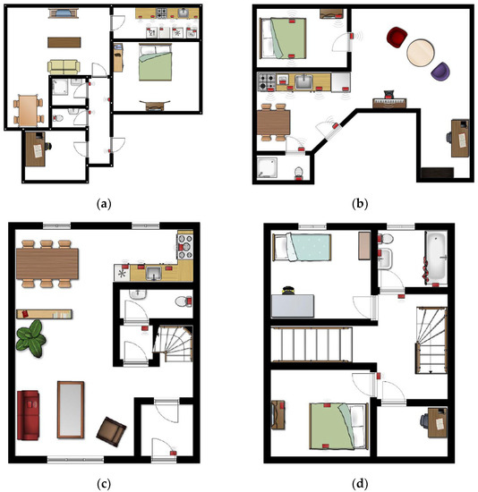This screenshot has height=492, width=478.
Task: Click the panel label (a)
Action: click(104, 204)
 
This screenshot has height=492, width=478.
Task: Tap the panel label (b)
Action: click(360, 204)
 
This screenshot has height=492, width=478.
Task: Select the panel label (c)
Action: click(104, 484)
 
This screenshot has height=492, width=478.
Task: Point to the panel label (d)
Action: click(360, 484)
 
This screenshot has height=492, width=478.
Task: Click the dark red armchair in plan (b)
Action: click(397, 38)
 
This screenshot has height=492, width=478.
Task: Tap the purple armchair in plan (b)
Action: click(440, 71)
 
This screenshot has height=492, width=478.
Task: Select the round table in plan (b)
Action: click(421, 53)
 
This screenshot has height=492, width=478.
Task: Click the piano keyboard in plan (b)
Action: click(389, 102)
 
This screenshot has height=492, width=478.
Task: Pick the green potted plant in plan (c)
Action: click(30, 338)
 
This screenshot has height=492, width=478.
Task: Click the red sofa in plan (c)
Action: click(29, 415)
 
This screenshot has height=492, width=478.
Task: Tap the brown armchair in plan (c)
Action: click(111, 431)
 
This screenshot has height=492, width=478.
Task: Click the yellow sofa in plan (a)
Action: click(64, 67)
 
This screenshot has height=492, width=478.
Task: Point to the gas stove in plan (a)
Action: click(162, 13)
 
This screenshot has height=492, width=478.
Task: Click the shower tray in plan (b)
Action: click(267, 167)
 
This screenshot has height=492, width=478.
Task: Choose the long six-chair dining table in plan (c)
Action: click(47, 264)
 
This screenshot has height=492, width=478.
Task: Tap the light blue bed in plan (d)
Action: click(302, 247)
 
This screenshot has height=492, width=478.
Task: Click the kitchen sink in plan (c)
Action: click(154, 274)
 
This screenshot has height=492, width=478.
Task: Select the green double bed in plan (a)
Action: click(156, 62)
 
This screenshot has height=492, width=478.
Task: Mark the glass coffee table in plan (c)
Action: click(71, 410)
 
